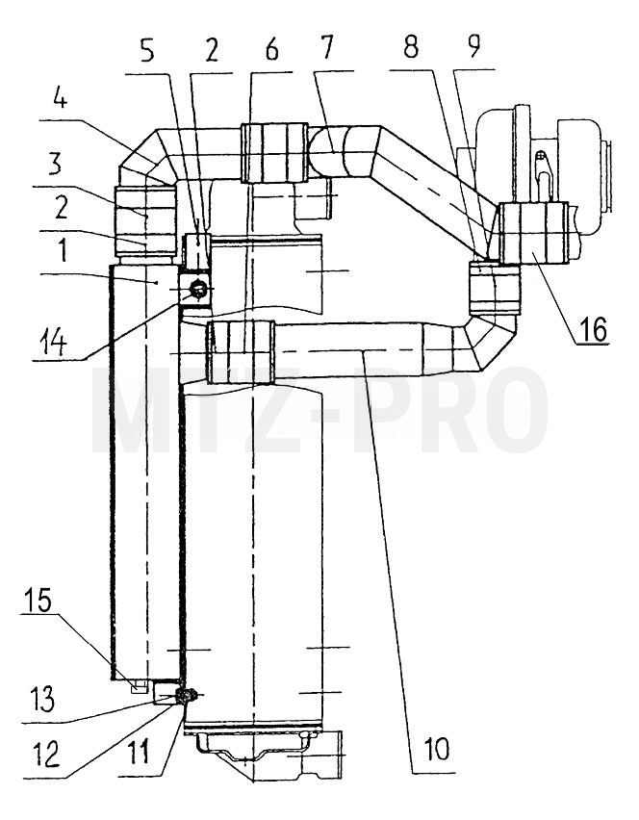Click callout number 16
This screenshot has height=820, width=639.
coord(593,329)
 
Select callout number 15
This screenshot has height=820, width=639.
coord(38,600)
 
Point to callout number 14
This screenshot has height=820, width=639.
coord(53,345)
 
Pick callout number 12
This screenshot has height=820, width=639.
coord(47,756)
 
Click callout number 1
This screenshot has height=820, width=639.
coord(63,251)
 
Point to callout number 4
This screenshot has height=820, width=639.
coord(60,99)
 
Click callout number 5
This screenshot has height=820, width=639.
coord(147,50)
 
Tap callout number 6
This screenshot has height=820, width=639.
coord(271,50)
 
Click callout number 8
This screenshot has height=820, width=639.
coord(411,47)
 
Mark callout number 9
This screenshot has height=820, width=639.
coord(473,46)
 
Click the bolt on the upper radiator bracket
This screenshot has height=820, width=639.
coord(198,289)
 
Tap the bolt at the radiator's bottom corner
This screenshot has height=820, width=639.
coord(186,696)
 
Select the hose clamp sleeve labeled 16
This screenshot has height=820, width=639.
coord(533,233)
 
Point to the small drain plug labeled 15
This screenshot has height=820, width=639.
coord(138,686)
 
